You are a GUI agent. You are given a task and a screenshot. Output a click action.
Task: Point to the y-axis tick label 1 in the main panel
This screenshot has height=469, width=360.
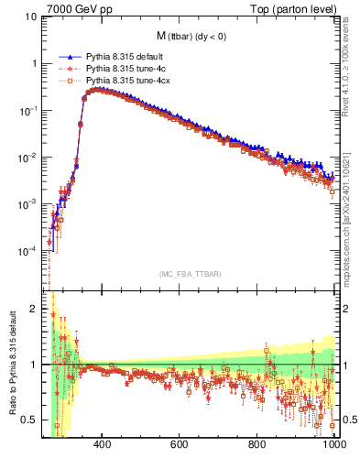click(x=35, y=64)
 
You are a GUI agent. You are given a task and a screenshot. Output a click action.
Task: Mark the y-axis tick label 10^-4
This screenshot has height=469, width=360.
click(x=28, y=250)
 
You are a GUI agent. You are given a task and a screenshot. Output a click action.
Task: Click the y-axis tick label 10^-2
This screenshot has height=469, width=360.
click(x=28, y=157)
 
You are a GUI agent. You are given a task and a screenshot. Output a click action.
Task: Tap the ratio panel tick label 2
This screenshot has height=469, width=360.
click(x=35, y=309)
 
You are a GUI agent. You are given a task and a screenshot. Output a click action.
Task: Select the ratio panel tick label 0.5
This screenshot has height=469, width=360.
click(x=30, y=420)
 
